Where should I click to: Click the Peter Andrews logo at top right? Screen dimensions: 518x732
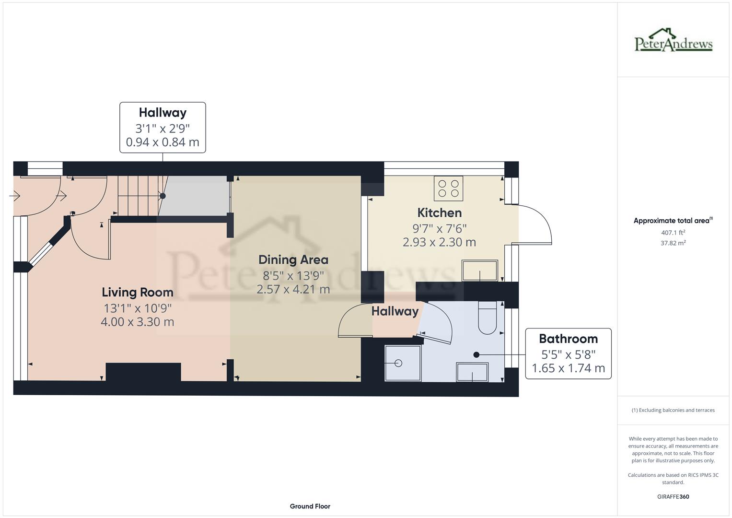pyautogui.click(x=673, y=40)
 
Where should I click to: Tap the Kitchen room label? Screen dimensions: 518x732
pyautogui.click(x=439, y=212)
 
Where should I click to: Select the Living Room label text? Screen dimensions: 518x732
pyautogui.click(x=137, y=292)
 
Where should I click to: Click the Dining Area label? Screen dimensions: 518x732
pyautogui.click(x=293, y=259)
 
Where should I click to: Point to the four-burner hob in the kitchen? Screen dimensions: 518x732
pyautogui.click(x=448, y=188)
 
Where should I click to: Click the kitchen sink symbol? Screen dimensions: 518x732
pyautogui.click(x=479, y=270)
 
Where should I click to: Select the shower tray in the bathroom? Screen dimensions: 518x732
pyautogui.click(x=403, y=363)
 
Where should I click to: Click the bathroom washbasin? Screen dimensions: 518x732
pyautogui.click(x=472, y=372)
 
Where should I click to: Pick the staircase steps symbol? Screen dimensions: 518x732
pyautogui.click(x=139, y=196)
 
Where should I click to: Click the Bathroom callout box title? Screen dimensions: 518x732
pyautogui.click(x=568, y=339)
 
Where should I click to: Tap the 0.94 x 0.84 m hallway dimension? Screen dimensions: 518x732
pyautogui.click(x=163, y=142)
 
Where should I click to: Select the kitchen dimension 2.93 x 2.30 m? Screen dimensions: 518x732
pyautogui.click(x=439, y=242)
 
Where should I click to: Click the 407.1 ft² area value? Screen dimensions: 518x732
pyautogui.click(x=673, y=233)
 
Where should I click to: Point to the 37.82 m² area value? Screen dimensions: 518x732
pyautogui.click(x=673, y=243)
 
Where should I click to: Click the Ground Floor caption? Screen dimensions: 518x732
pyautogui.click(x=310, y=506)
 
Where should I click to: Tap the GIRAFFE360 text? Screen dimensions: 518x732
pyautogui.click(x=673, y=496)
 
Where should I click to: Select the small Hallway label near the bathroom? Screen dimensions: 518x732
pyautogui.click(x=395, y=311)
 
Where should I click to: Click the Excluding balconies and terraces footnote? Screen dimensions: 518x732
pyautogui.click(x=673, y=410)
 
